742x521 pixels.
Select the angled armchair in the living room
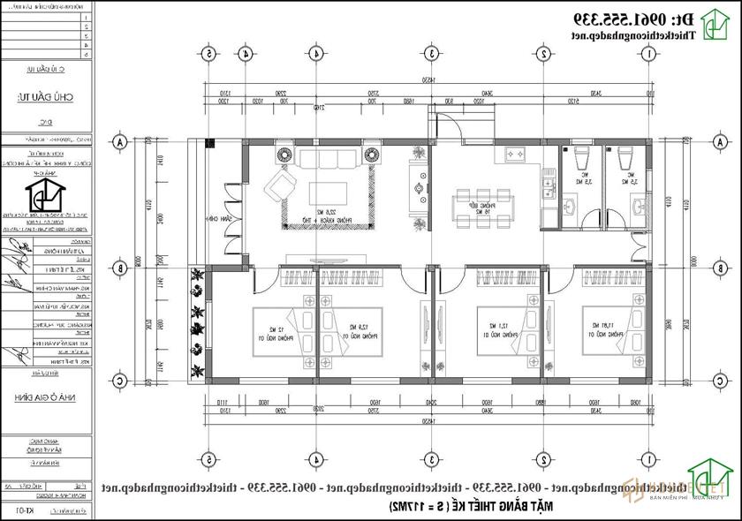tap(283, 186)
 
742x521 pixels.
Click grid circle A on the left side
tap(120, 141)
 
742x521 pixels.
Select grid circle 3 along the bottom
tap(430, 459)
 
